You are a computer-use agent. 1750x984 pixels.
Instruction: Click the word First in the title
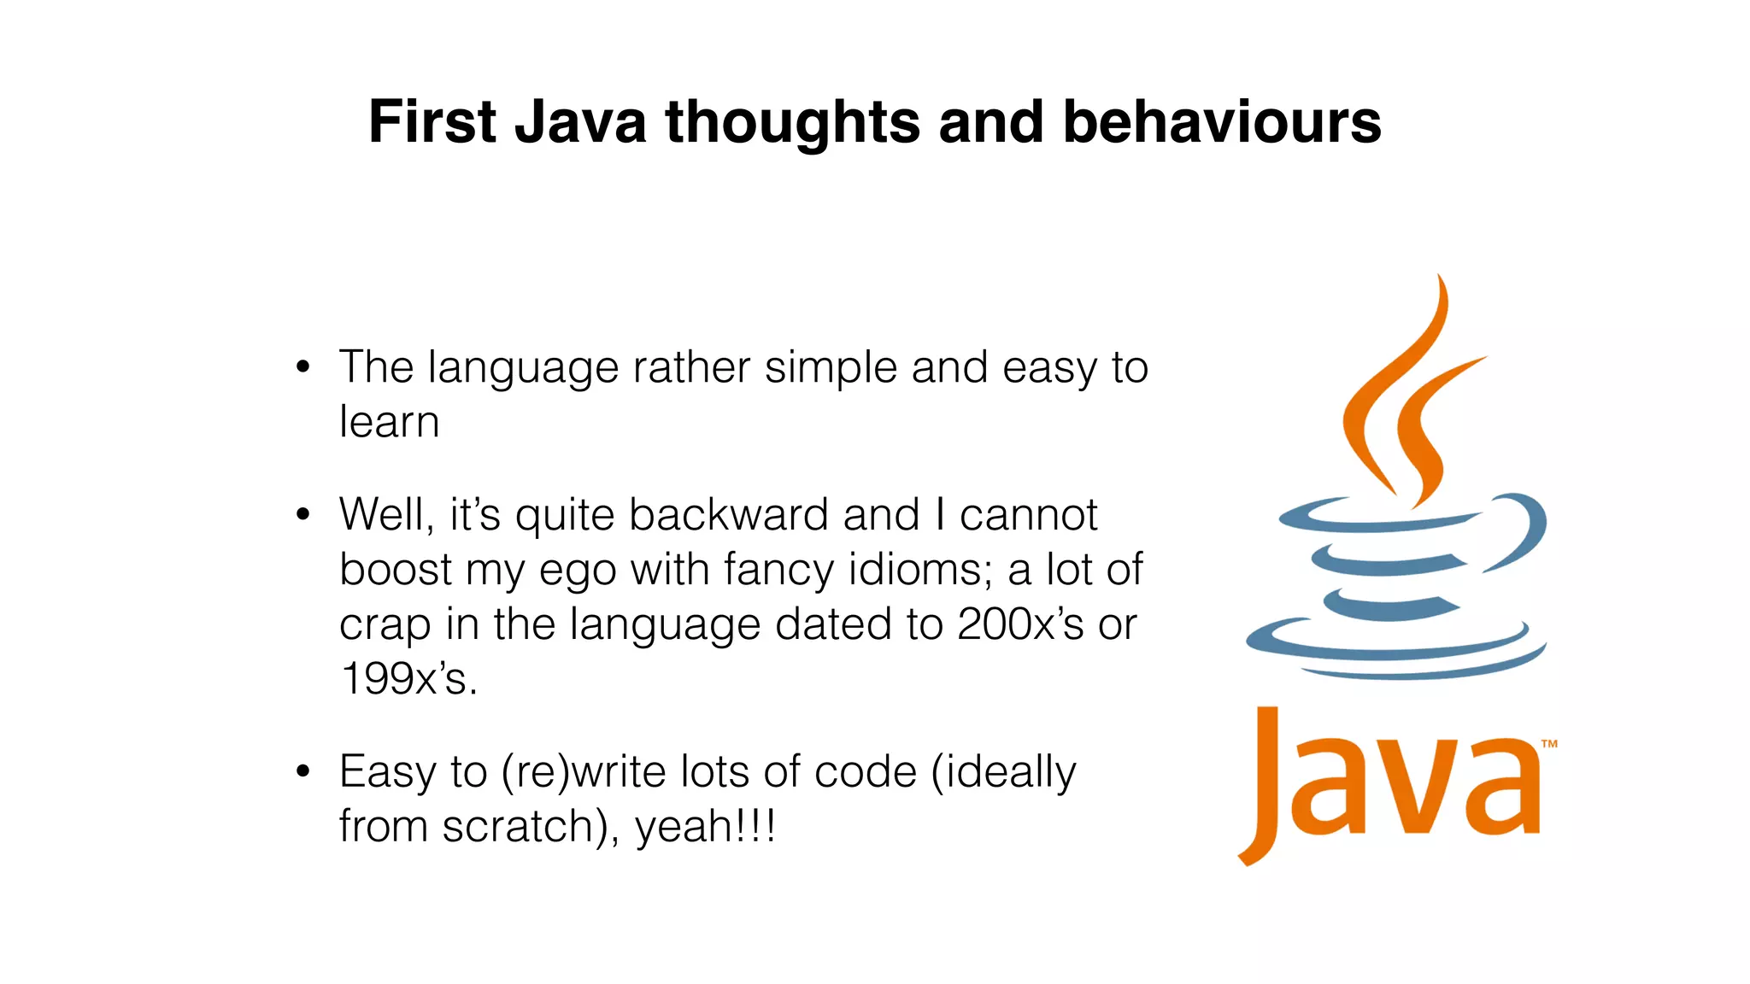pos(432,121)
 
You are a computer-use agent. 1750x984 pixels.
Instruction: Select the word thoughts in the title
pos(792,123)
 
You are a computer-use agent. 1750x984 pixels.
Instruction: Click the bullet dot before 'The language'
pos(302,368)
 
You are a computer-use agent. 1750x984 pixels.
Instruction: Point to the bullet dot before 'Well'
pos(302,515)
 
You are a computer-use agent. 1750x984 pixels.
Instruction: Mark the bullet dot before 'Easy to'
pos(302,771)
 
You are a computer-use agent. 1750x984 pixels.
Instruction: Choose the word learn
pos(390,422)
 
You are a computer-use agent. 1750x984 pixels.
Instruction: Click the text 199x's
pos(408,679)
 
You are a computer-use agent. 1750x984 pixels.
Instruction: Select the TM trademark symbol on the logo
pos(1549,744)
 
